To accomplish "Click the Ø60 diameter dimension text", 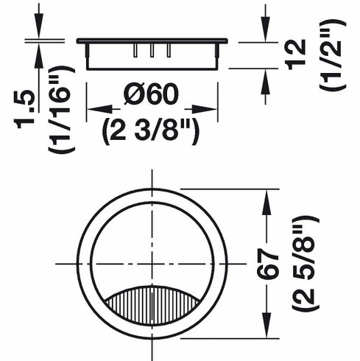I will [x=152, y=96].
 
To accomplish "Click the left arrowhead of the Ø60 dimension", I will [x=93, y=111].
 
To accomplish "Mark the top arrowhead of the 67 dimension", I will [x=266, y=194].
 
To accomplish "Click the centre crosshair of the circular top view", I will [x=152, y=263].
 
